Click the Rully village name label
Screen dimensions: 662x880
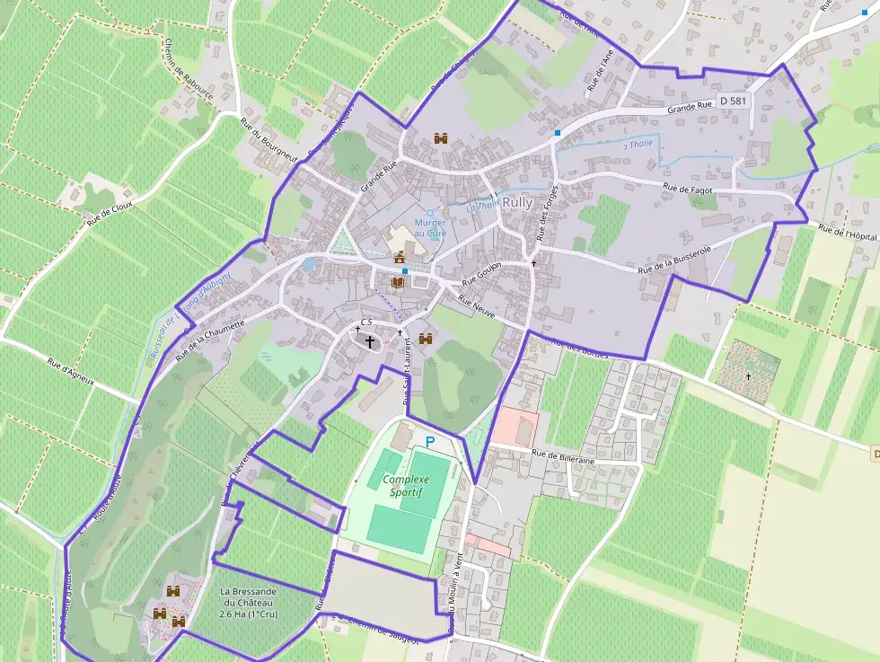click(x=517, y=203)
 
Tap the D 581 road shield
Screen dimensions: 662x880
click(x=733, y=102)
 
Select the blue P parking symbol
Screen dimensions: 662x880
click(x=429, y=442)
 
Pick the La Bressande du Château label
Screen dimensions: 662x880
click(x=248, y=604)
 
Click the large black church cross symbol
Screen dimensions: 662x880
click(x=369, y=341)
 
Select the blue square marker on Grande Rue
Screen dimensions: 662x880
click(x=558, y=133)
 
